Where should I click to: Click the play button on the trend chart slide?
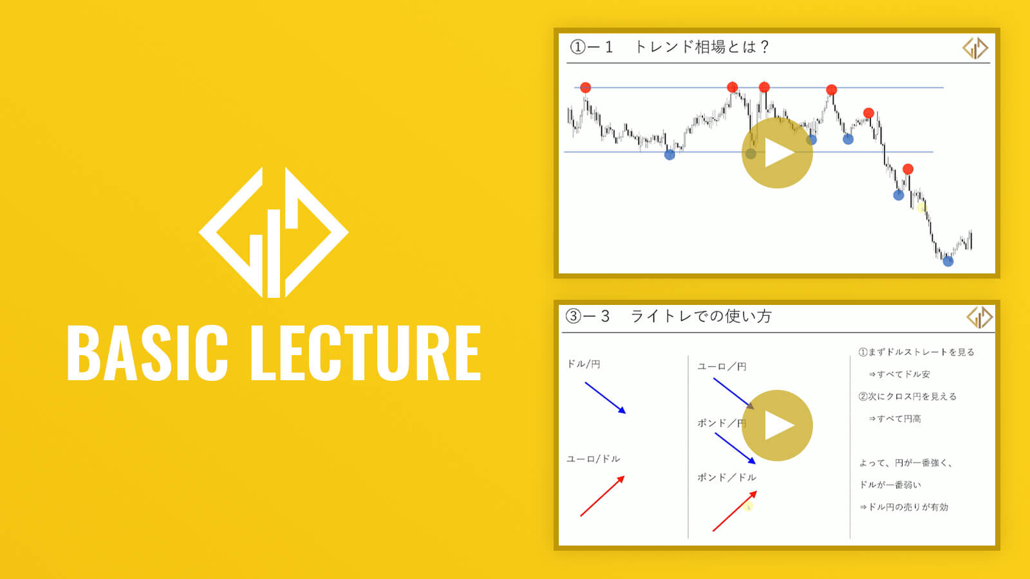pyautogui.click(x=777, y=152)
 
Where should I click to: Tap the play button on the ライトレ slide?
pyautogui.click(x=777, y=425)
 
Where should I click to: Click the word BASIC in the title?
pyautogui.click(x=147, y=353)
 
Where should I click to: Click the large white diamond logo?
pyautogui.click(x=274, y=232)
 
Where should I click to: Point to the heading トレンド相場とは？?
pyautogui.click(x=701, y=47)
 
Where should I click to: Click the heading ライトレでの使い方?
pyautogui.click(x=700, y=316)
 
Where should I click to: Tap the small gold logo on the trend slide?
pyautogui.click(x=975, y=48)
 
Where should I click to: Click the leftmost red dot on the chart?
pyautogui.click(x=585, y=87)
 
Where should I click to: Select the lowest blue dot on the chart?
pyautogui.click(x=948, y=261)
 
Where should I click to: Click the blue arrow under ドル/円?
pyautogui.click(x=605, y=398)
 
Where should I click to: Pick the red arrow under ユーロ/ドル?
pyautogui.click(x=603, y=496)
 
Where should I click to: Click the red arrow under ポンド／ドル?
pyautogui.click(x=735, y=511)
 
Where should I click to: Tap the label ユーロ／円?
pyautogui.click(x=722, y=367)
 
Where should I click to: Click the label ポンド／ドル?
pyautogui.click(x=727, y=477)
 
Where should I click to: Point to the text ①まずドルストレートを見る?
pyautogui.click(x=917, y=352)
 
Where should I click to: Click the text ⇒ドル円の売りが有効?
pyautogui.click(x=904, y=507)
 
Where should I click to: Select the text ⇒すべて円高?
pyautogui.click(x=895, y=419)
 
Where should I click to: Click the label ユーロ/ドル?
pyautogui.click(x=593, y=459)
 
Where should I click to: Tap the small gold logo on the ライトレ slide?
pyautogui.click(x=979, y=317)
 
